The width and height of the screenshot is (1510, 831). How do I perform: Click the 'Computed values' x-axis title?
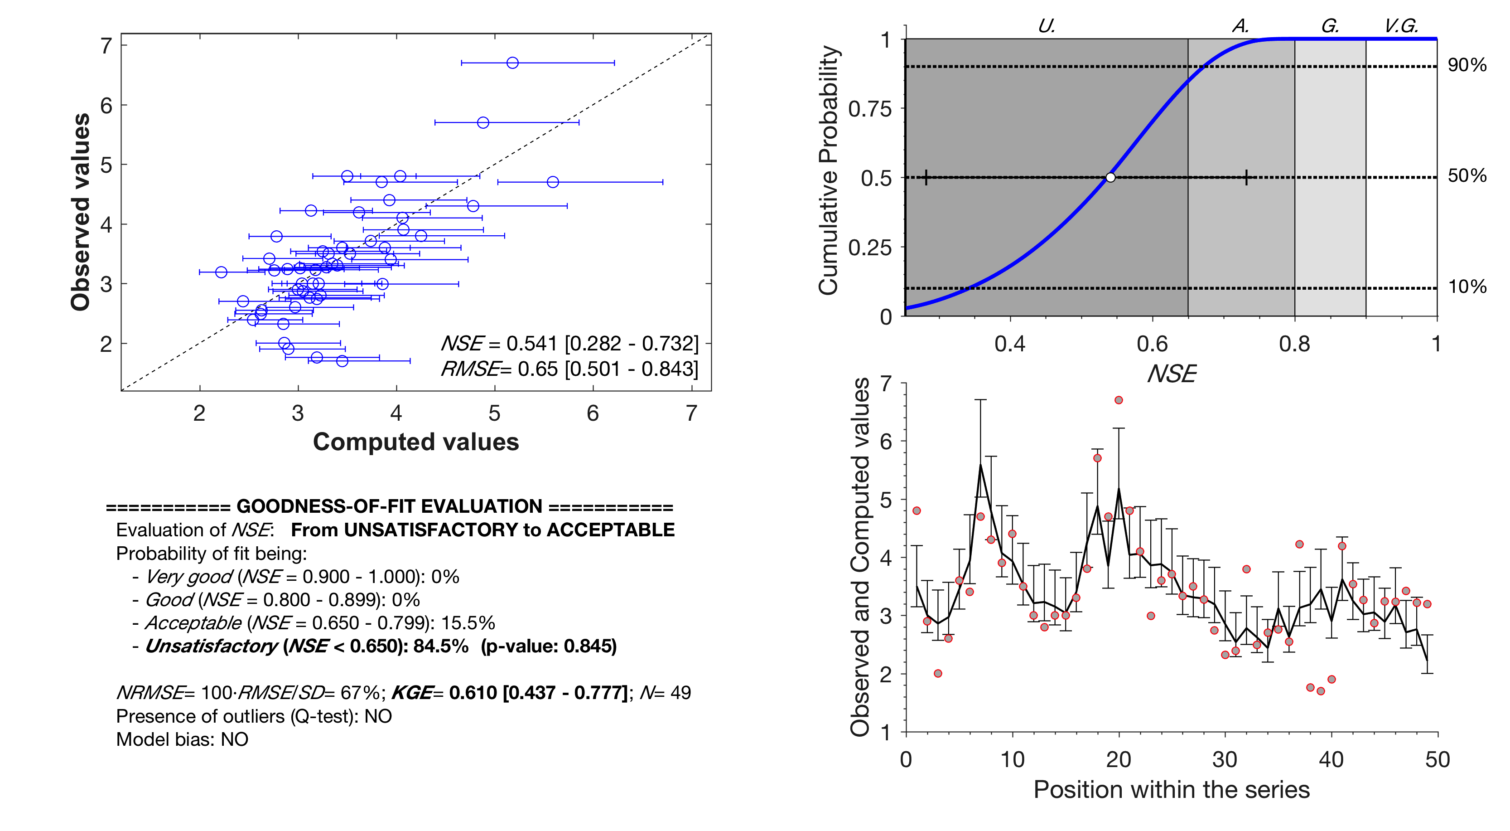415,442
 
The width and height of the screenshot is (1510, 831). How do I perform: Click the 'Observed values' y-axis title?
80,212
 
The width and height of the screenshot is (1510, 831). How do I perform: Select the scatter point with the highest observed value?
512,63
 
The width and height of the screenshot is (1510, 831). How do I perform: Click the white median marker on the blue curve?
1110,177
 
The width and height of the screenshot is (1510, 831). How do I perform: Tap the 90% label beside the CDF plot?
1467,65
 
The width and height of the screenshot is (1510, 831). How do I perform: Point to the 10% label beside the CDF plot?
1467,287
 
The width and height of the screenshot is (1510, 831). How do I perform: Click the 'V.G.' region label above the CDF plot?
1401,26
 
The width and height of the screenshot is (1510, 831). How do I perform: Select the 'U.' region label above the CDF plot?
1047,26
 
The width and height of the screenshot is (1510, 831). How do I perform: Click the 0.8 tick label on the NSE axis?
1294,344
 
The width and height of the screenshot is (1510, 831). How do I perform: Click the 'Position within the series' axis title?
1171,789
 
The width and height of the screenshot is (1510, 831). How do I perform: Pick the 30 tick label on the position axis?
1225,759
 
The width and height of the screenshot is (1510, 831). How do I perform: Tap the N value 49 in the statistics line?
680,693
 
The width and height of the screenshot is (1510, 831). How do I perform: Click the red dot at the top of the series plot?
1119,400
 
